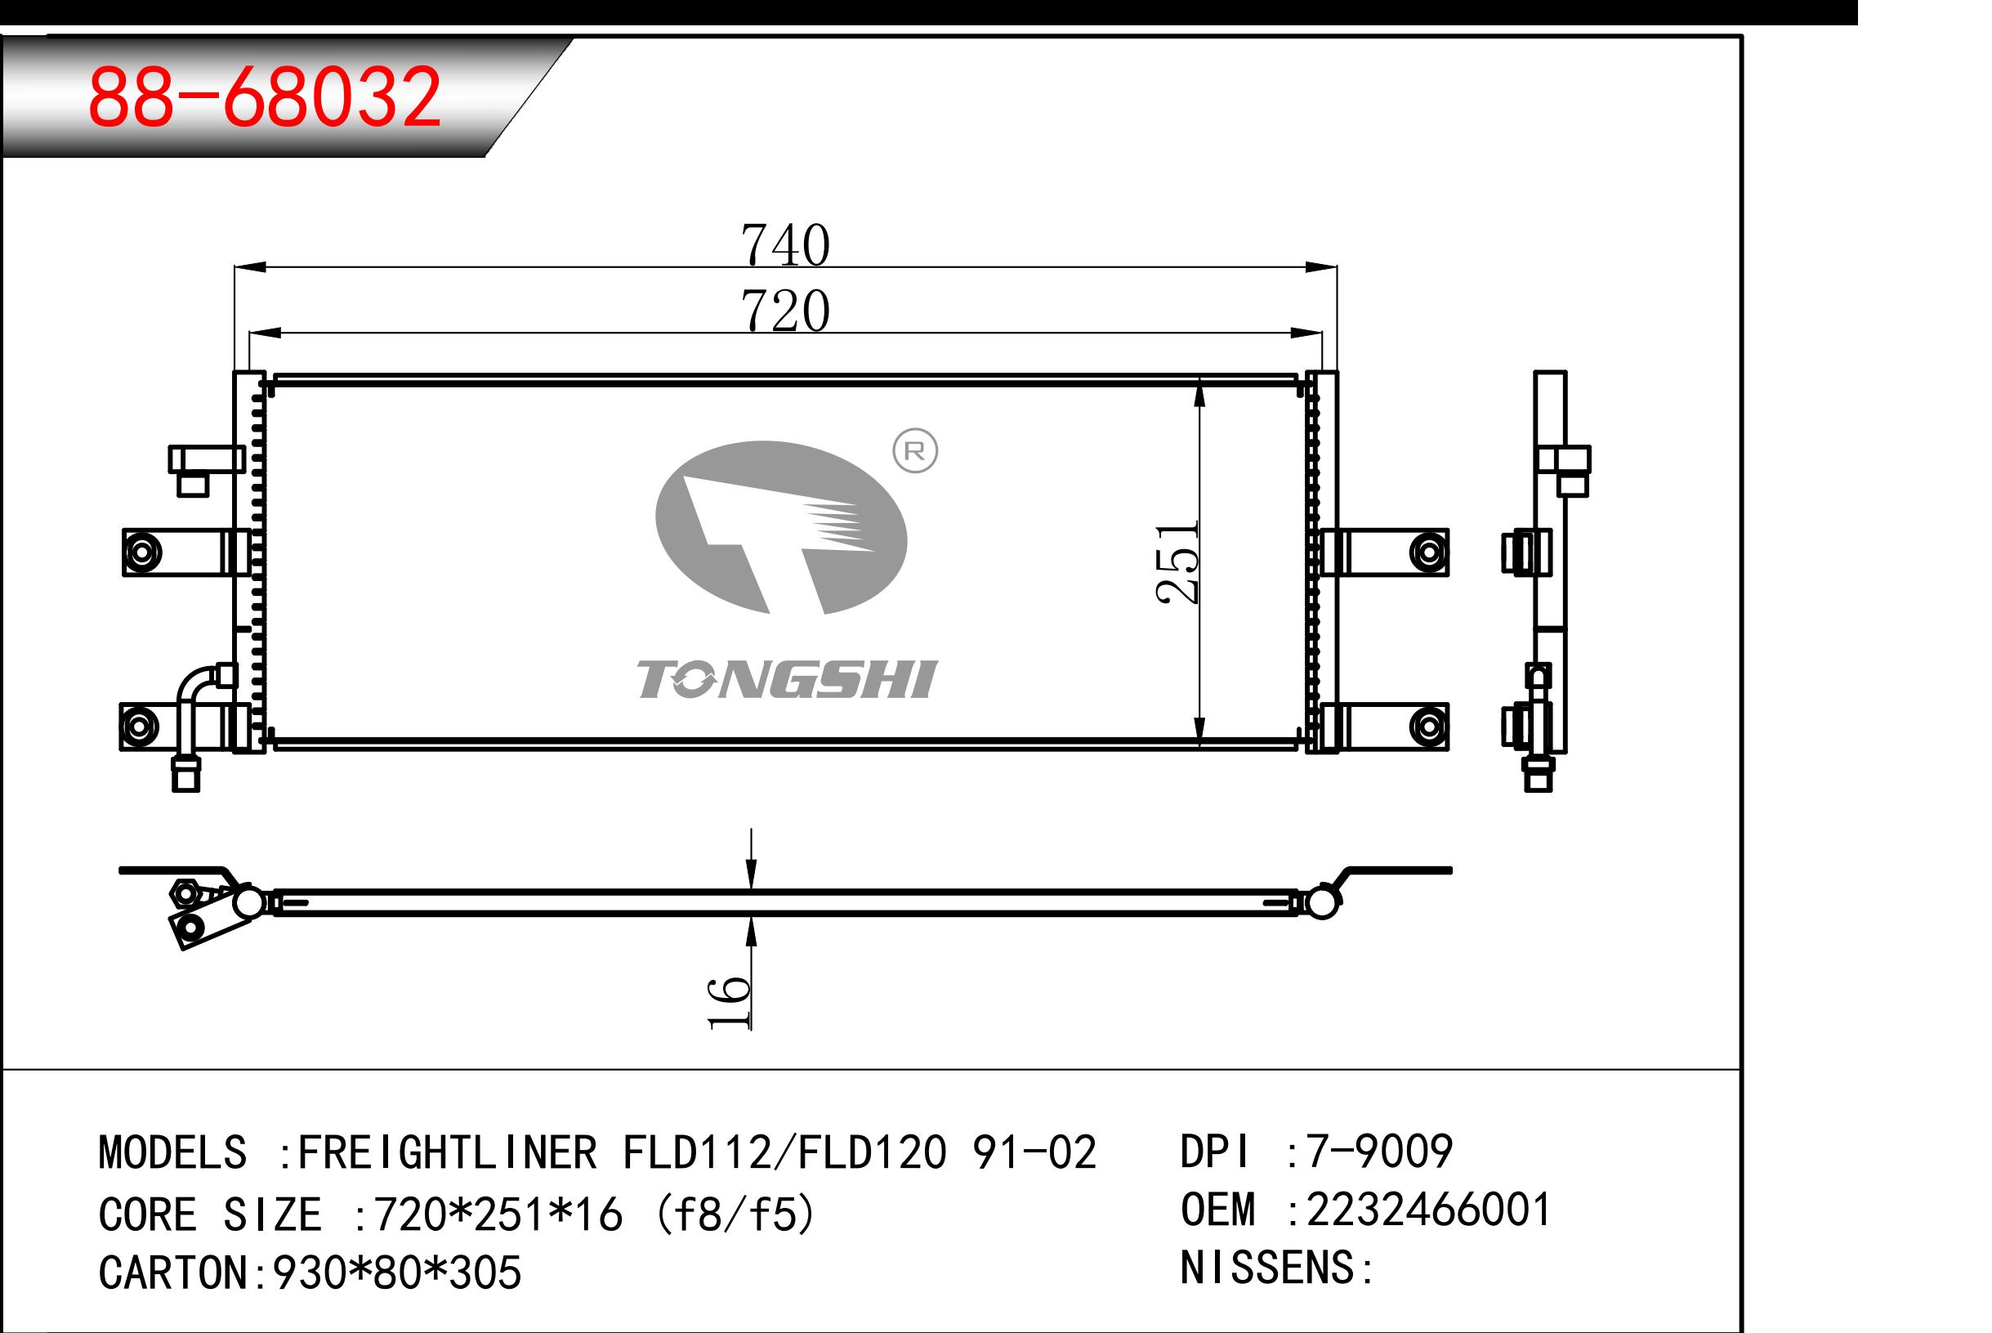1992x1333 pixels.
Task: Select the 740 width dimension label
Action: click(784, 245)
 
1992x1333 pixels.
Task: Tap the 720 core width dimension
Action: click(784, 311)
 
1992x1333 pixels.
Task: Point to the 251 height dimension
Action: click(1177, 562)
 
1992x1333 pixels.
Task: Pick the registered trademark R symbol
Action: click(914, 451)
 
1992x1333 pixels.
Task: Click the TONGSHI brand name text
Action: click(786, 679)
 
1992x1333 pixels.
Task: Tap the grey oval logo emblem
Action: click(781, 527)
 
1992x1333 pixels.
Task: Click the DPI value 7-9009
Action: click(1378, 1151)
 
